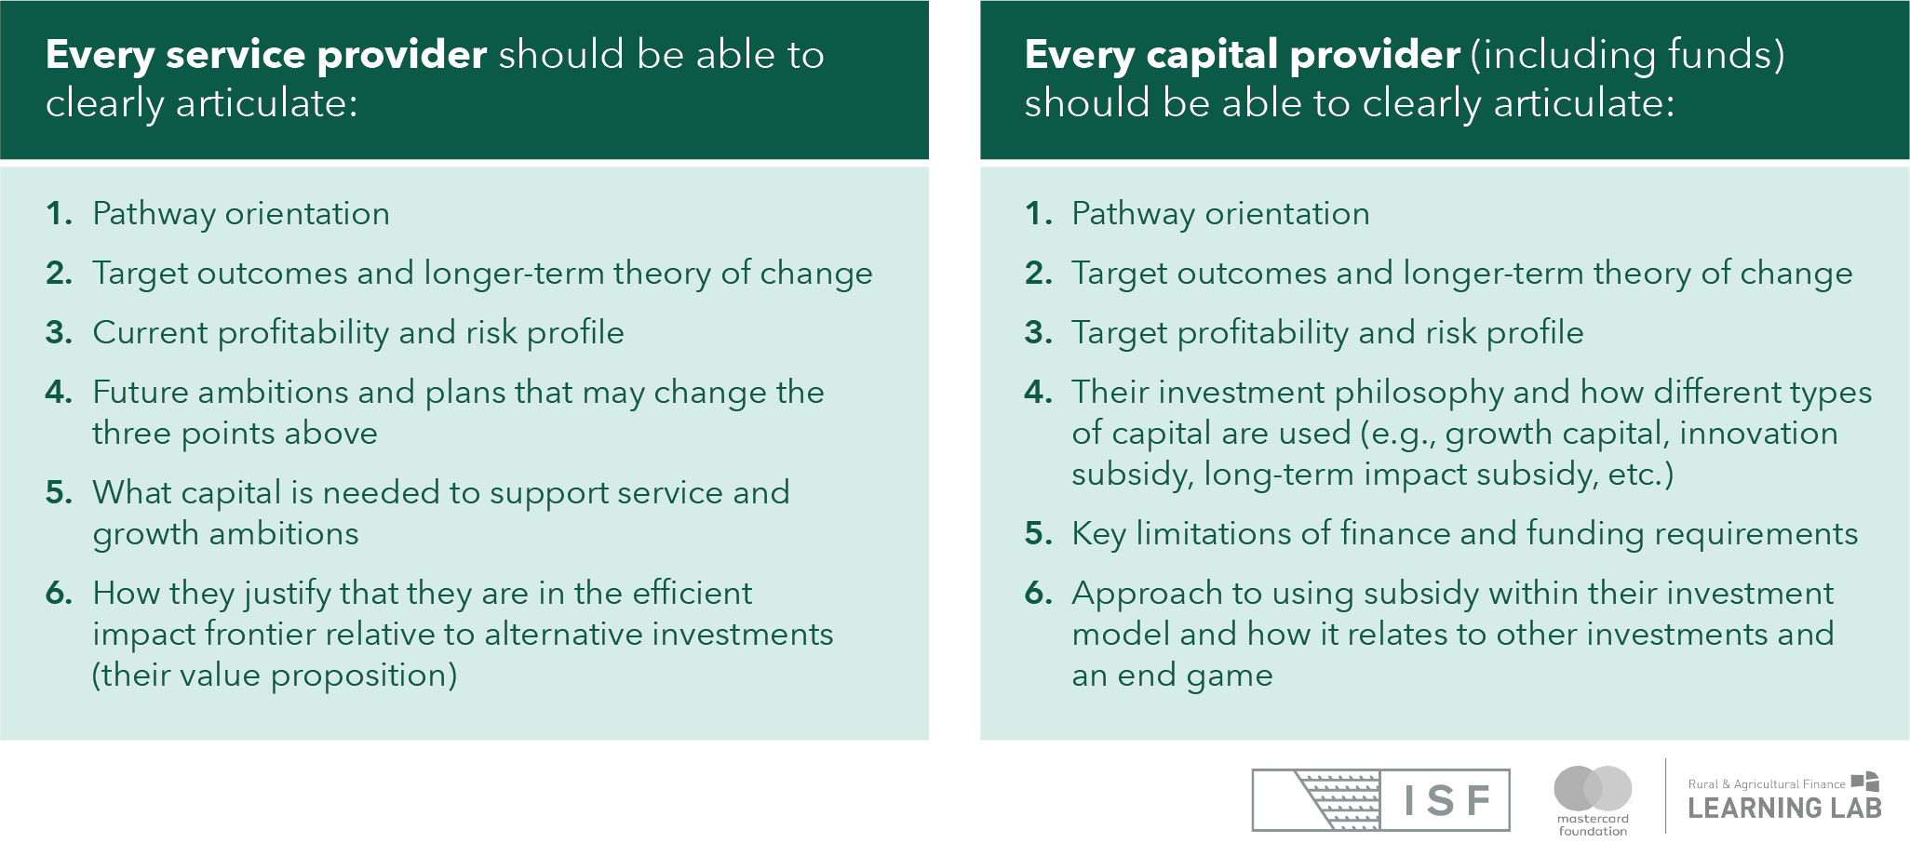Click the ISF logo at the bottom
click(x=1380, y=800)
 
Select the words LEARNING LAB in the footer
click(x=1784, y=809)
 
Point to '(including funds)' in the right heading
click(x=1628, y=56)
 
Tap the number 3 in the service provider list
click(x=58, y=333)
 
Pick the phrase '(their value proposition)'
click(x=275, y=675)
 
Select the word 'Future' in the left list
click(x=140, y=393)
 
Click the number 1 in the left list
click(x=58, y=214)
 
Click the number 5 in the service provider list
click(x=58, y=493)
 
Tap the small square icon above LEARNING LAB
click(x=1865, y=782)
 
